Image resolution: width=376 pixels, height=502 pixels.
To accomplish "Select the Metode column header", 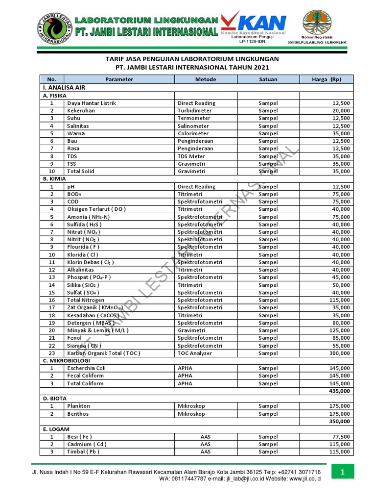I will pyautogui.click(x=206, y=79).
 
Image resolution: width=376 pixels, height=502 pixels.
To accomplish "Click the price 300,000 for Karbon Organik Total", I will pyautogui.click(x=340, y=353).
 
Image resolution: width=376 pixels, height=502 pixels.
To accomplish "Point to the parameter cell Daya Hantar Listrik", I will pyautogui.click(x=92, y=103).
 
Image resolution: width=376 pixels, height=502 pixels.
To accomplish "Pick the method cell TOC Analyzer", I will pyautogui.click(x=196, y=353).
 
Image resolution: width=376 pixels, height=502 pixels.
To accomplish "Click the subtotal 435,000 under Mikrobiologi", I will pyautogui.click(x=339, y=391).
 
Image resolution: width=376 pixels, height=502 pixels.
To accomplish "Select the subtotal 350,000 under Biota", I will pyautogui.click(x=339, y=421).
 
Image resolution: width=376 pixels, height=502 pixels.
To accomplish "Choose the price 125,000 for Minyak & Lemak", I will pyautogui.click(x=340, y=330).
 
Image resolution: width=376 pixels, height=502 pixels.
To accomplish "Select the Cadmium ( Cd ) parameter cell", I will pyautogui.click(x=87, y=444).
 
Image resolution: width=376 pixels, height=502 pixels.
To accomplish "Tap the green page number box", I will pyautogui.click(x=343, y=473).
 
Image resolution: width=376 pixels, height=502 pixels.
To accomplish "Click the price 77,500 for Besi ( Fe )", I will pyautogui.click(x=341, y=436).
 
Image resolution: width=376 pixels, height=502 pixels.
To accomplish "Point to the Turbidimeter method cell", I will pyautogui.click(x=194, y=111).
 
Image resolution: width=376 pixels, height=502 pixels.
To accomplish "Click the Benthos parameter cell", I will pyautogui.click(x=78, y=414).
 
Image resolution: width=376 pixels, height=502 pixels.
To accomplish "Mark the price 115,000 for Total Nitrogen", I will pyautogui.click(x=340, y=300).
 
